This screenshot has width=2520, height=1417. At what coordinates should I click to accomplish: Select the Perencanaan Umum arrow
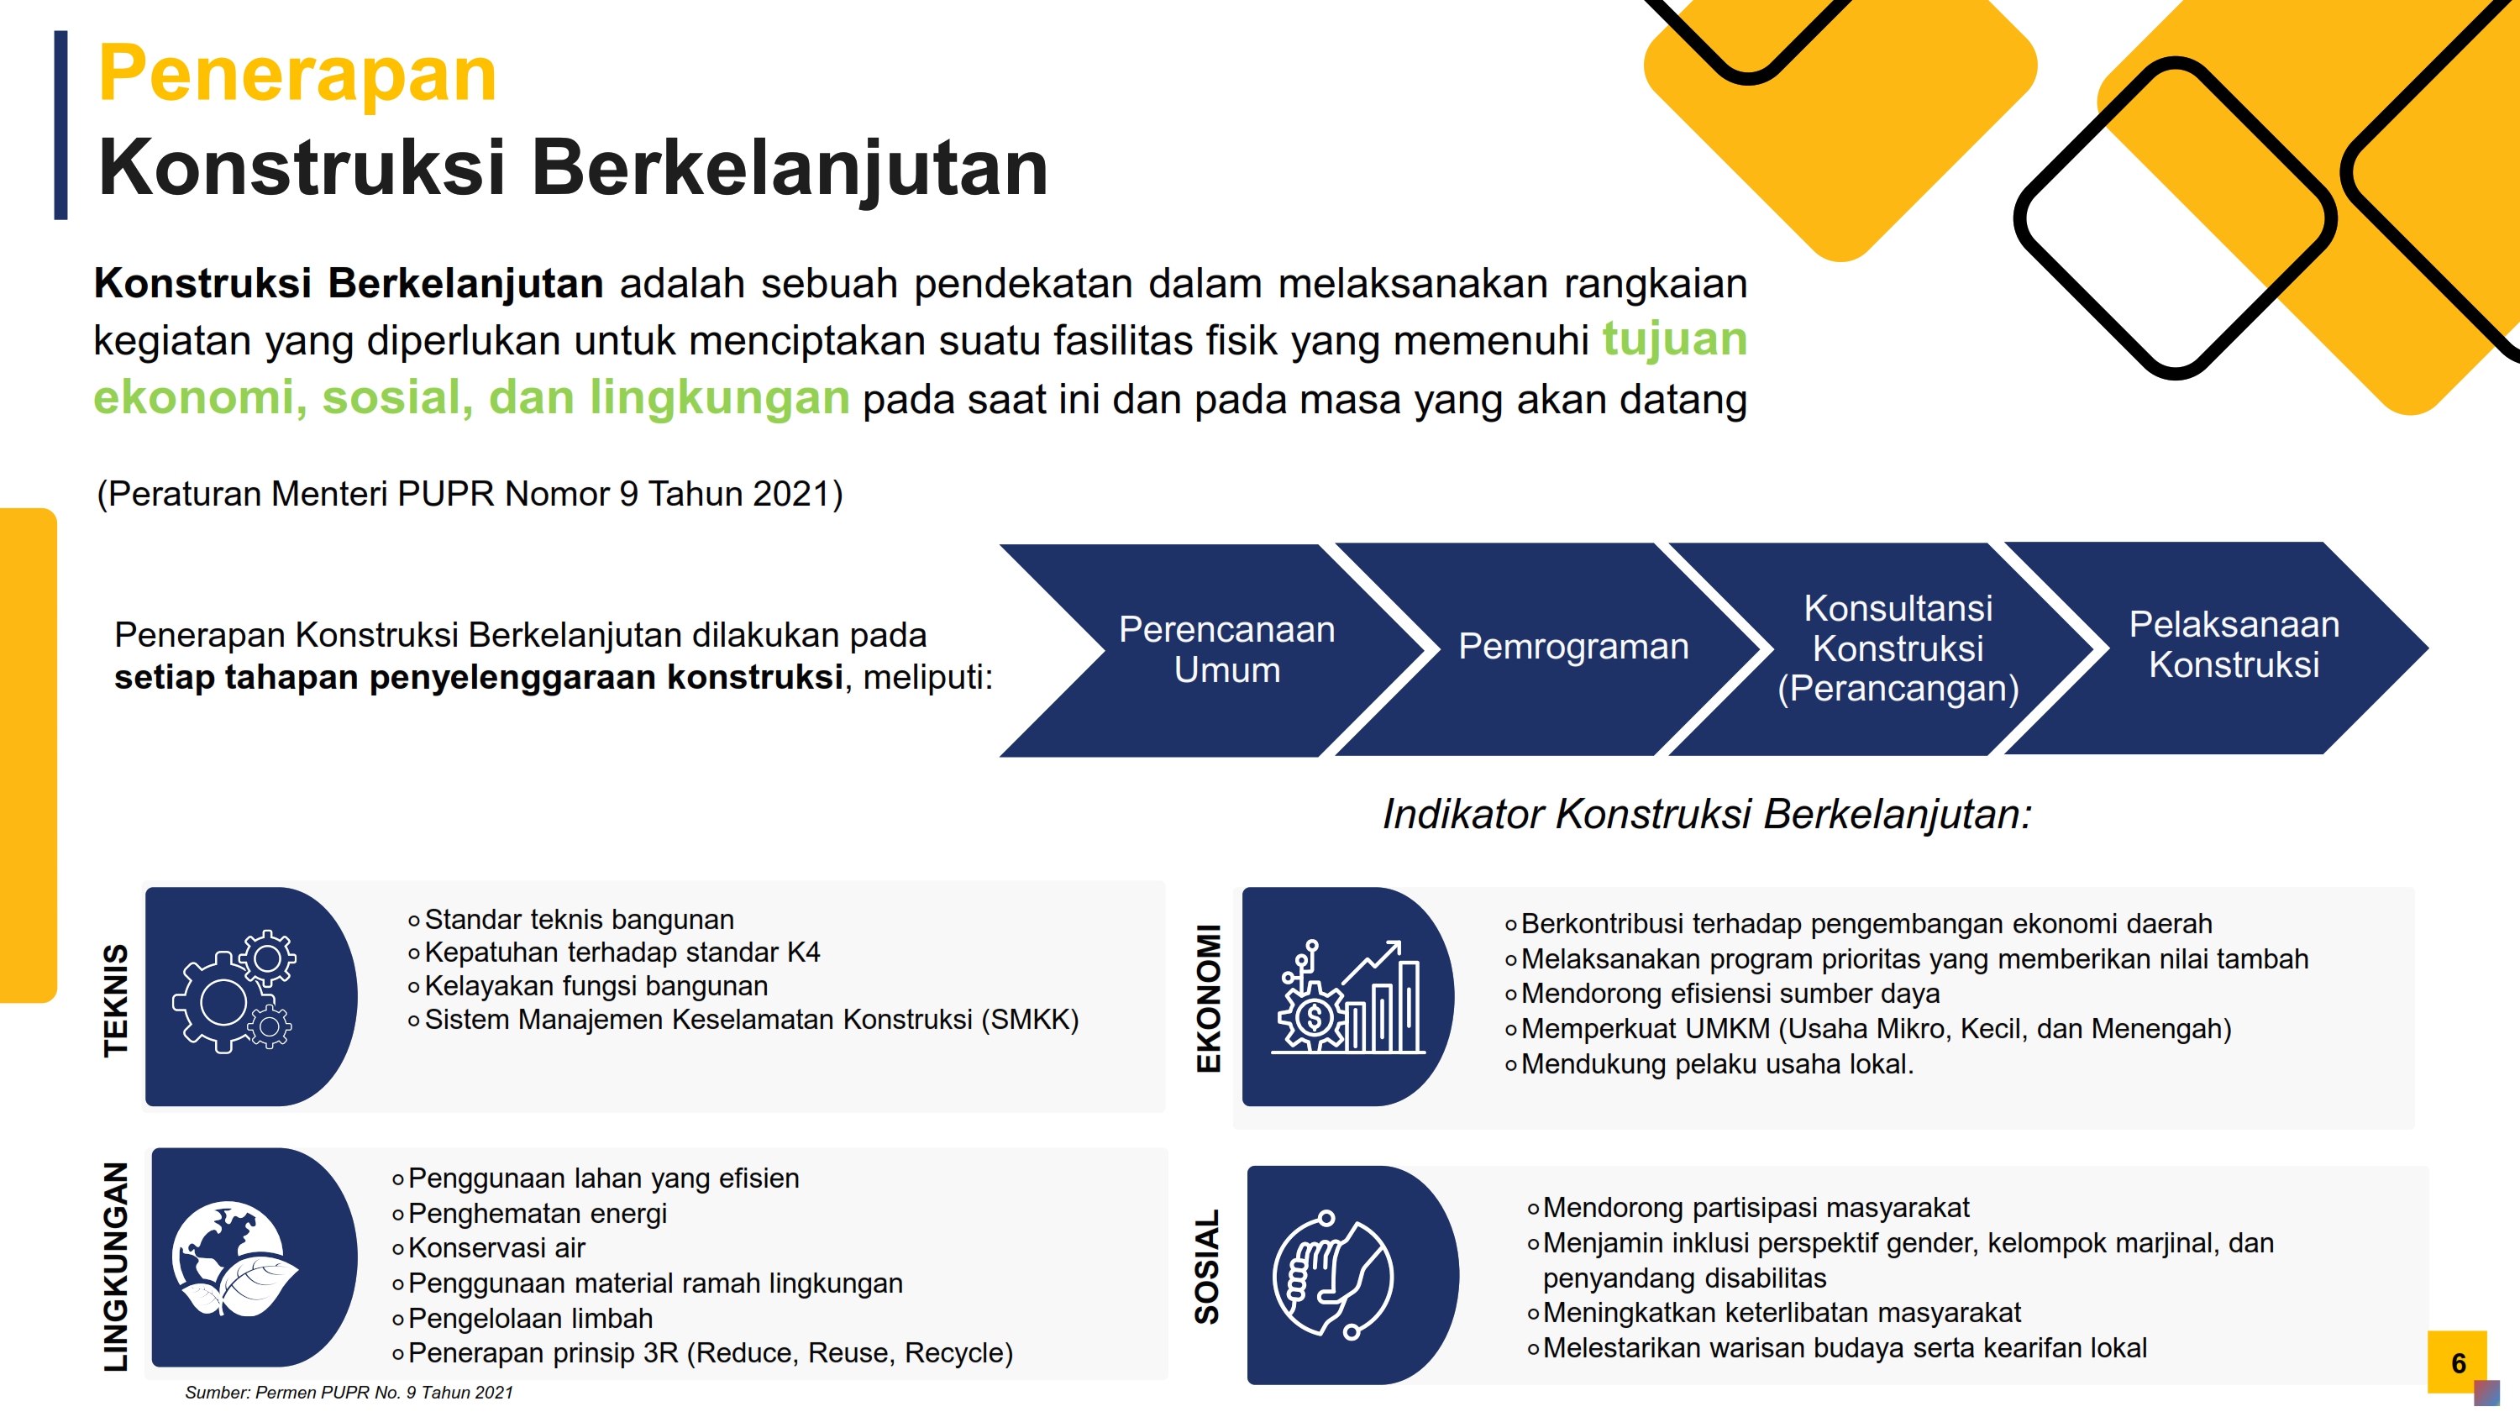[1213, 650]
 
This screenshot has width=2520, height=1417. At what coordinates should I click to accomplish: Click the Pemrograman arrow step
[1556, 648]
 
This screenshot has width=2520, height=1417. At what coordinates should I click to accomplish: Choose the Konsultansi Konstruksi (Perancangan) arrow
[1888, 648]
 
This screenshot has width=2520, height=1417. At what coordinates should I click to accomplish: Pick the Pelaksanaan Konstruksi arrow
[2221, 648]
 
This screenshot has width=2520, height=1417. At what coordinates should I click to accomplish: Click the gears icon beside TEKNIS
[235, 992]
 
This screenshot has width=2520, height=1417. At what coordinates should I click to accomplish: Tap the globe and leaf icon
[235, 1257]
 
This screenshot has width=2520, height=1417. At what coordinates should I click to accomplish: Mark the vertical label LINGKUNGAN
[115, 1267]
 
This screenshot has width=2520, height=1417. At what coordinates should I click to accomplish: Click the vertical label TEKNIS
[115, 1000]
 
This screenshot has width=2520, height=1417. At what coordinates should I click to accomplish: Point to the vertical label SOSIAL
[1207, 1267]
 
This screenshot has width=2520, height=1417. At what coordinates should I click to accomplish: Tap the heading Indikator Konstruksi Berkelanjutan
[1707, 814]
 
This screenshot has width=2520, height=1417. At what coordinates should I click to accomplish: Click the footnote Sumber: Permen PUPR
[349, 1393]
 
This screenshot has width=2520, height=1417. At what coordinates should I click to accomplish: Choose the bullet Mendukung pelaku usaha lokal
[1718, 1064]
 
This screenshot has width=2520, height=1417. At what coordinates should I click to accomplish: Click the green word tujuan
[1675, 339]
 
